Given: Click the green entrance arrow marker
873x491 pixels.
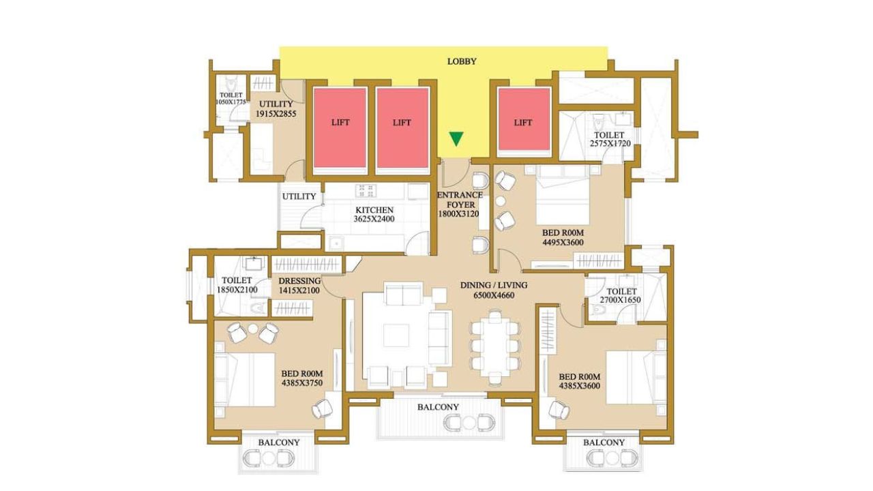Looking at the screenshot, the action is point(456,138).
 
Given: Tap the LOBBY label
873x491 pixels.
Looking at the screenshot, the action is point(462,61).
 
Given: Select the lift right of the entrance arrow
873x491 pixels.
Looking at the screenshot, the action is point(523,119).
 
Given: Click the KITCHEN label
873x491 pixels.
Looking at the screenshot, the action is point(374,211).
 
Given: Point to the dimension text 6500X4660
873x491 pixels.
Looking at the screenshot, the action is point(494,295).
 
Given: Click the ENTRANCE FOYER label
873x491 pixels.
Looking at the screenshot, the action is point(460,200).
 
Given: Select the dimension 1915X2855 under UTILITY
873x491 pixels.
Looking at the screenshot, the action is point(276,114).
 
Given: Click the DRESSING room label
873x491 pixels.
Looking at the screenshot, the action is point(299,281).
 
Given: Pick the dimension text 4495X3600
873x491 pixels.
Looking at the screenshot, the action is point(563,242).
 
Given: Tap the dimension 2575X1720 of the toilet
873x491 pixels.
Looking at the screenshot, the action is point(610,143).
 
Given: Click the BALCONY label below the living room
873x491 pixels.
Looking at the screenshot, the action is point(438,407).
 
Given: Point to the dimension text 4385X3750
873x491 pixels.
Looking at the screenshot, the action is point(302,383).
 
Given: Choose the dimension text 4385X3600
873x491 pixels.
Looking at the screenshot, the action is point(580,386).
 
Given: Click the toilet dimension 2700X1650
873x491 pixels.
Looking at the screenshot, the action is point(621,300).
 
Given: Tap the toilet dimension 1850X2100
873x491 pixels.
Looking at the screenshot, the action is point(237,290).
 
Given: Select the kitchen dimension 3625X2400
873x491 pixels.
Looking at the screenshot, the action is point(374,220).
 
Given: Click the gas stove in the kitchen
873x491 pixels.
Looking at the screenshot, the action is point(366,191).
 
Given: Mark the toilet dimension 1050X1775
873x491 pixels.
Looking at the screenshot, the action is point(231,102).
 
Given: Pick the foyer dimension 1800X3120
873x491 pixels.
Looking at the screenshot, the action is point(459,214).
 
